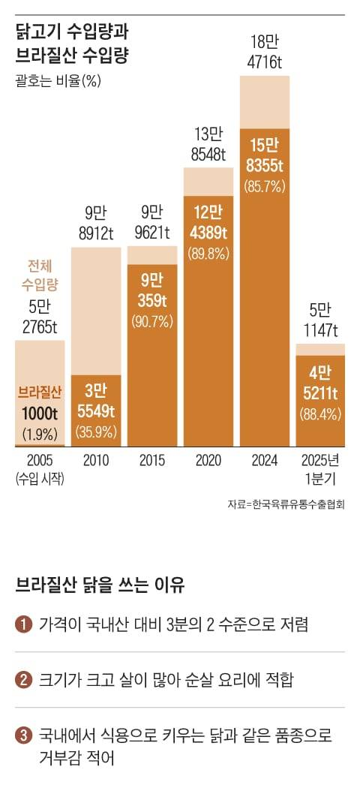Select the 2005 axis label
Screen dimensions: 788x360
point(40,460)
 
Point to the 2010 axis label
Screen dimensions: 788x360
point(96,460)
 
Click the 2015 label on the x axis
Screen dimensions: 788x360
point(152,460)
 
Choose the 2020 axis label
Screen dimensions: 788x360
point(208,460)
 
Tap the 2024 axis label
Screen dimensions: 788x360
point(265,460)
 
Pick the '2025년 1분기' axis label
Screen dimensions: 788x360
point(320,467)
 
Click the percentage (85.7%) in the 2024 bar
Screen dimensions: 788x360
point(265,186)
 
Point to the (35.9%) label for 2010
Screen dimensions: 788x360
point(96,432)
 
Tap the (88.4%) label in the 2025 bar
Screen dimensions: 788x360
point(320,414)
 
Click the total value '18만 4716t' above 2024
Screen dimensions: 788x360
point(265,51)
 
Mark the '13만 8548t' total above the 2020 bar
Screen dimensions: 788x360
point(208,145)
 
